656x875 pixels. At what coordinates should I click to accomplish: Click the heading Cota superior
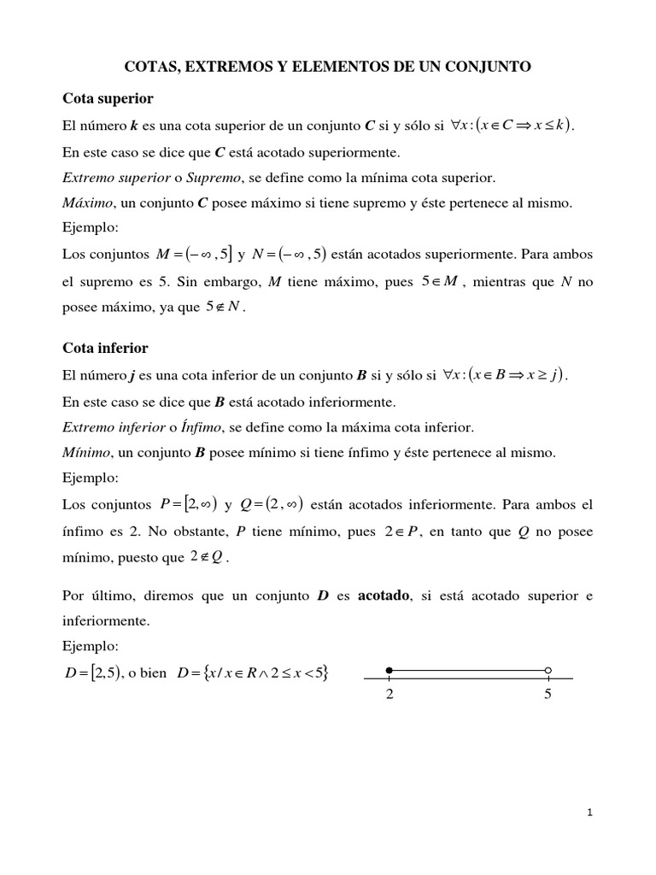[x=108, y=98]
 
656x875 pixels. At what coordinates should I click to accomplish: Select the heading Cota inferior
[x=106, y=348]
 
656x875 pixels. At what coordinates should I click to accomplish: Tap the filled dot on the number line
[x=389, y=670]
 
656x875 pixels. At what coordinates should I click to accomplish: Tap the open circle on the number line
[x=548, y=670]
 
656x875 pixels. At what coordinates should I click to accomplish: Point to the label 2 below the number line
[x=389, y=695]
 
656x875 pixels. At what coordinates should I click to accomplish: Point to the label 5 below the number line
[x=548, y=695]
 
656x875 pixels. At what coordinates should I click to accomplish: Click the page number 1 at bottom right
[x=589, y=813]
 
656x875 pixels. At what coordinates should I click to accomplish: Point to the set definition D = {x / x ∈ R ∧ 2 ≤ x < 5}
[x=252, y=674]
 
